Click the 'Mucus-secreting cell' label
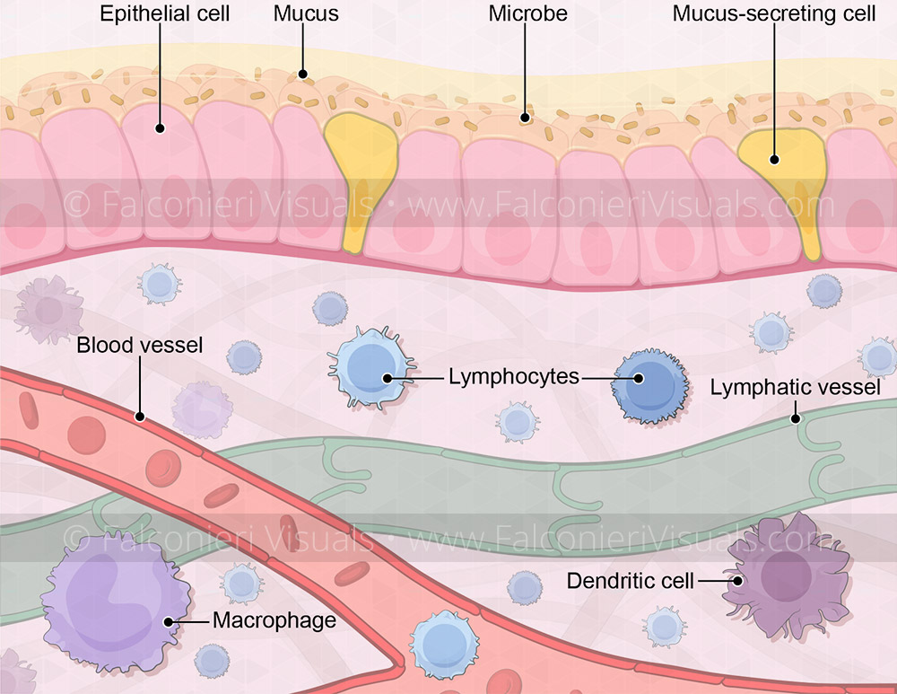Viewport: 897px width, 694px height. pos(774,14)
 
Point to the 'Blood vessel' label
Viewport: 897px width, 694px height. pos(140,345)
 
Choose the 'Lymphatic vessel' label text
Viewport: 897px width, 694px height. pos(795,388)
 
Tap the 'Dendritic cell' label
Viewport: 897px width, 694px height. pos(631,581)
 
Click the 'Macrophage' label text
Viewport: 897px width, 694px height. pos(274,619)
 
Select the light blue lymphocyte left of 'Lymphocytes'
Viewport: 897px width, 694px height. pos(370,372)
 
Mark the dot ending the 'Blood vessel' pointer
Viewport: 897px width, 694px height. pos(139,417)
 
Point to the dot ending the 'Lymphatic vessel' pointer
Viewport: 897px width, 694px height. pos(795,418)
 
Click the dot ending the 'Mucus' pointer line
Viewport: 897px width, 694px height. pos(303,75)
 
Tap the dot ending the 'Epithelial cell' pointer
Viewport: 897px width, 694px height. pos(160,128)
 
